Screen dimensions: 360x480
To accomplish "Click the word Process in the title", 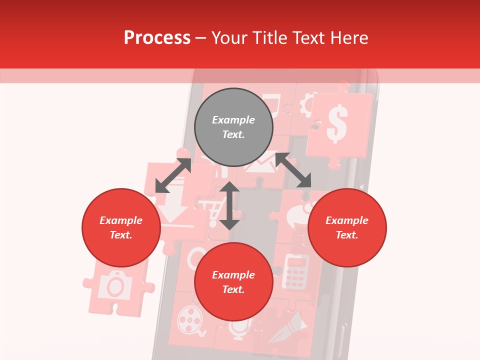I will (x=157, y=38).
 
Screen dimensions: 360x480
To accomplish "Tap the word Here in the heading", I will (x=348, y=38).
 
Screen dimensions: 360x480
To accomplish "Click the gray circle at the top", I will (x=233, y=127).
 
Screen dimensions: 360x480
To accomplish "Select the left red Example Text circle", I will (x=121, y=227).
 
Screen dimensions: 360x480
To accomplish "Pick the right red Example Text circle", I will (x=347, y=227).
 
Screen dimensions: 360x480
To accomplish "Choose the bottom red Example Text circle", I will (x=233, y=282).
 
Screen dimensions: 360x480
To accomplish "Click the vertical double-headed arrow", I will (x=229, y=205).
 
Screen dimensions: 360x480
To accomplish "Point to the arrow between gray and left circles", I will (x=173, y=175).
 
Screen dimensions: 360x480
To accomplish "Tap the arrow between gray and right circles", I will (x=293, y=170).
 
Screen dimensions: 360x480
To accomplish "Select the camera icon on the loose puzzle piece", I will (x=115, y=285).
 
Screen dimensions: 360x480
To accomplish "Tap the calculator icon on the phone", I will (x=295, y=271).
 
